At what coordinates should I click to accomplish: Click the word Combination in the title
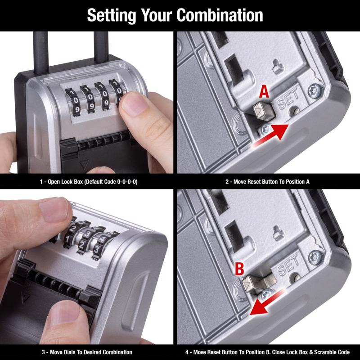220,15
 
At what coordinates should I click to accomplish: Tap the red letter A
264,92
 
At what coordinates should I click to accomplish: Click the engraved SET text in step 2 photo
288,102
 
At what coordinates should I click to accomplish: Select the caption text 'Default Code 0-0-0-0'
108,182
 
